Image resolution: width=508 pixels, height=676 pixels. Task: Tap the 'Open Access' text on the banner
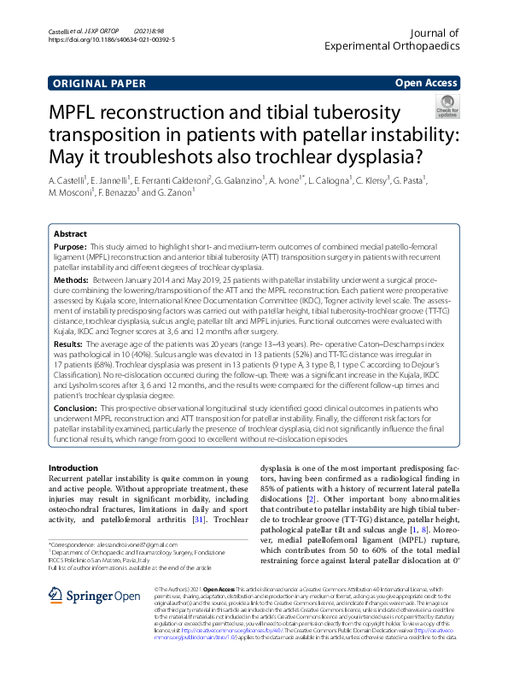tap(425, 83)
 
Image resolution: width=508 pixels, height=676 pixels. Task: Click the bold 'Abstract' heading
tap(70, 233)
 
